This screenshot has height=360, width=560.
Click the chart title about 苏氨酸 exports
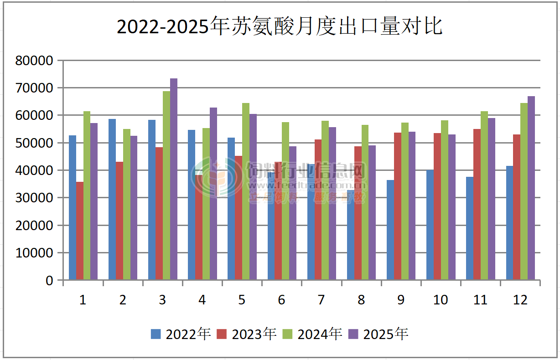[280, 26]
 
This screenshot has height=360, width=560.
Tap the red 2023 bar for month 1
[80, 230]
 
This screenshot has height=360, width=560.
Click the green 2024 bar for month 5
[246, 191]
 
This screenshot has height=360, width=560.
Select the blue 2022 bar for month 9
[390, 230]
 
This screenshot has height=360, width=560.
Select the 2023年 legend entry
[247, 334]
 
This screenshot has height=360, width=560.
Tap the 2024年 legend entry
[313, 334]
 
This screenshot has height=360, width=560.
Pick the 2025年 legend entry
[379, 334]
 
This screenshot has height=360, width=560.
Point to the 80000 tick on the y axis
[34, 60]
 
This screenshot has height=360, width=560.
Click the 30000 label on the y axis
[34, 198]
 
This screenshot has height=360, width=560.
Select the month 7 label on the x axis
[321, 300]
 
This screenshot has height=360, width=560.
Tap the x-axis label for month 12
[520, 300]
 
